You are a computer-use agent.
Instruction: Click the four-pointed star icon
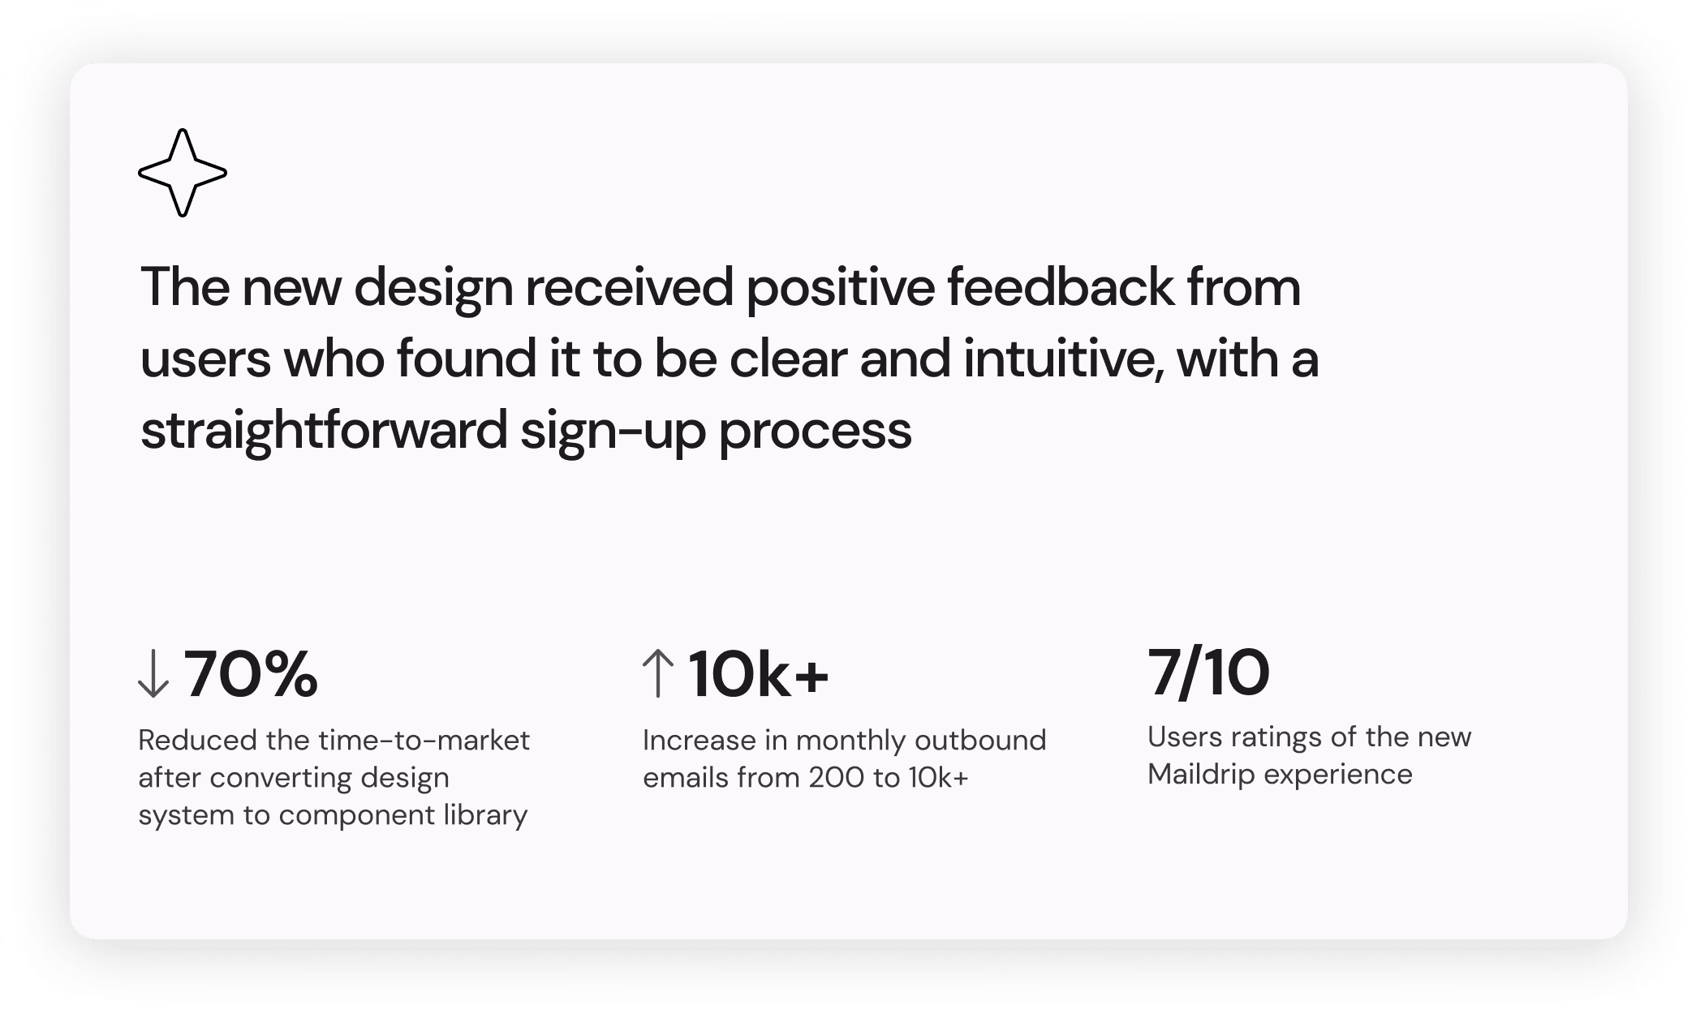tap(183, 173)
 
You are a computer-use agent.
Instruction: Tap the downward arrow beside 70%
tap(153, 675)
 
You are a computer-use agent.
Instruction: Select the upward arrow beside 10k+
tap(658, 675)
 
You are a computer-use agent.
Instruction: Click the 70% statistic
tap(251, 675)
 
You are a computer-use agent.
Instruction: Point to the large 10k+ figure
tap(758, 675)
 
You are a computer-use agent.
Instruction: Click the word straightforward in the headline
tap(324, 431)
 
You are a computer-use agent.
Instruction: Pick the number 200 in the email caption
tap(835, 777)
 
